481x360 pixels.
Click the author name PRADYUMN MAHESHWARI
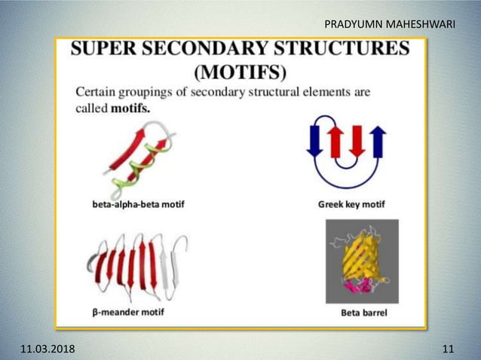(389, 25)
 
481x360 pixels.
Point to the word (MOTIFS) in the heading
(240, 72)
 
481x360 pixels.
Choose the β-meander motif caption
(127, 311)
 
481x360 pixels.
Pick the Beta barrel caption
(363, 313)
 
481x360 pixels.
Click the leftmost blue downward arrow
(314, 143)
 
